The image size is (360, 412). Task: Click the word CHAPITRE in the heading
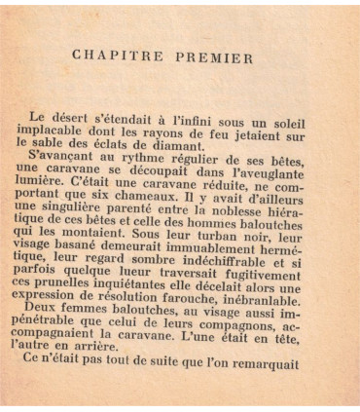click(x=115, y=56)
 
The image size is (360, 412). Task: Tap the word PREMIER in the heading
click(x=213, y=56)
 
